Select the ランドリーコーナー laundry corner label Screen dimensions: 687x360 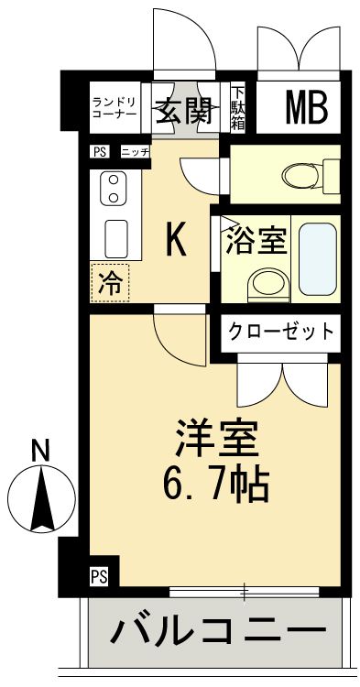115,108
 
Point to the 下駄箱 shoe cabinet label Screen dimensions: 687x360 237,108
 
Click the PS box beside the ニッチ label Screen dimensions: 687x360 99,152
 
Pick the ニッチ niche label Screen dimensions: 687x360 134,152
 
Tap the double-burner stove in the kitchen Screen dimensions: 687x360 114,188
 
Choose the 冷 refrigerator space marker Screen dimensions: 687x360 110,283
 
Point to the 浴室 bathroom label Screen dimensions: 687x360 256,241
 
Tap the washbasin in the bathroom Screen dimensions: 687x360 267,284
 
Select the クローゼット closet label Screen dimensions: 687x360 280,330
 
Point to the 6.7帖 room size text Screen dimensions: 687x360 218,483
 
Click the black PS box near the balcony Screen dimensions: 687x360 99,576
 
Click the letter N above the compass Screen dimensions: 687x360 39,451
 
